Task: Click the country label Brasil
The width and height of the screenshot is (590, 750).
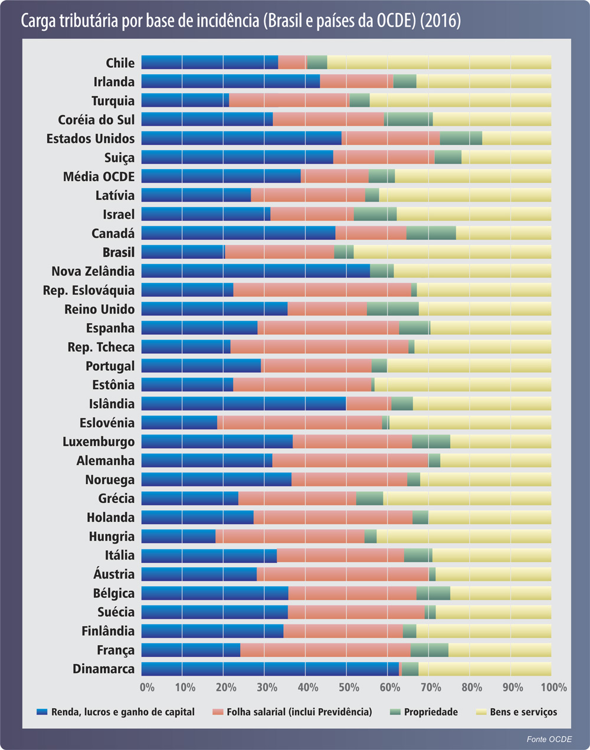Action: tap(118, 252)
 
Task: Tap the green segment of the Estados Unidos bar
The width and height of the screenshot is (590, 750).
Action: tap(461, 139)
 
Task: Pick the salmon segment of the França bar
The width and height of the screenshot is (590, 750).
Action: tap(325, 650)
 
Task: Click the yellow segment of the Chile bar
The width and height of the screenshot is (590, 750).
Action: tap(439, 63)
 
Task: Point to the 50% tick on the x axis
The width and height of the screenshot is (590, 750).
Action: tap(349, 687)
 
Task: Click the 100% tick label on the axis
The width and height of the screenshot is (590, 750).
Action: tap(553, 687)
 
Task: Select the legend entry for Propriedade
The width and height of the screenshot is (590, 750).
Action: tap(431, 712)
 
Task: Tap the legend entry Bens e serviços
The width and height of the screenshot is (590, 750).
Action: tap(523, 712)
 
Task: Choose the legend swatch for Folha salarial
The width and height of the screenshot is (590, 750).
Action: tap(217, 712)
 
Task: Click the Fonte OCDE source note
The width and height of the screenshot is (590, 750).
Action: tap(549, 739)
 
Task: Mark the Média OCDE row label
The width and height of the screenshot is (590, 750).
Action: tap(99, 176)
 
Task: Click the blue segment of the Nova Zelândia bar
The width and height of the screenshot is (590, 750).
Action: tap(255, 271)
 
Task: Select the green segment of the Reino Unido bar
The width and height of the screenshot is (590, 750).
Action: tap(392, 309)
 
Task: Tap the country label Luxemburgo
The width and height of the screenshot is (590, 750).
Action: tap(99, 442)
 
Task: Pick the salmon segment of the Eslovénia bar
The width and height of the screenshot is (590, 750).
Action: tap(299, 423)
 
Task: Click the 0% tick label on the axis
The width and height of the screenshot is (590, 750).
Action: tap(147, 687)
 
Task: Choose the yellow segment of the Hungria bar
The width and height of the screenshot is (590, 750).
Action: tap(464, 537)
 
